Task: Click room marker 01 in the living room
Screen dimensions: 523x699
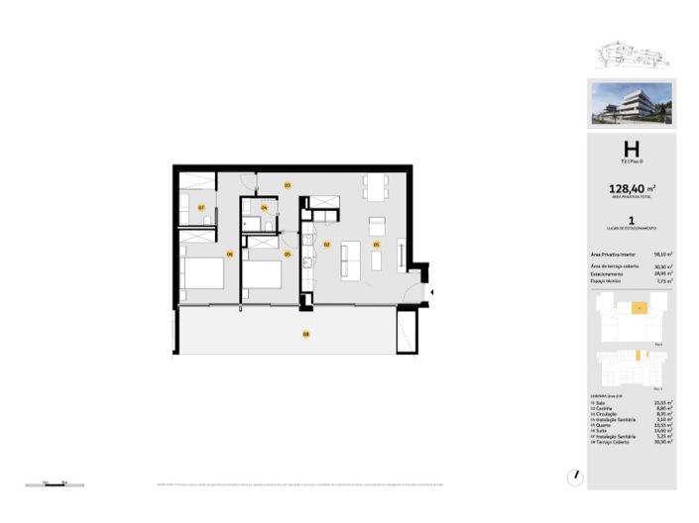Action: point(376,244)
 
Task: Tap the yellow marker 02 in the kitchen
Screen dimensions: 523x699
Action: point(326,244)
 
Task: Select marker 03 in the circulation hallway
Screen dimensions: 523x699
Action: point(288,185)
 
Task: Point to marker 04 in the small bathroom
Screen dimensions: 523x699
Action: point(264,208)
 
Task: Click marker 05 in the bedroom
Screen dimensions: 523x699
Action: point(288,255)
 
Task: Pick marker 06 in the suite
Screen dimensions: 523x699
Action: point(229,255)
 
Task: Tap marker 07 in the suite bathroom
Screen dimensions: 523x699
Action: point(201,208)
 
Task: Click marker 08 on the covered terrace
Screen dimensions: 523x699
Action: point(305,335)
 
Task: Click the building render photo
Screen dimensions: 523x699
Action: point(631,104)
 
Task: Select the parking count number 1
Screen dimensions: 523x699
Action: point(631,222)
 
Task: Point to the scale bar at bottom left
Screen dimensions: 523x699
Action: point(54,482)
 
